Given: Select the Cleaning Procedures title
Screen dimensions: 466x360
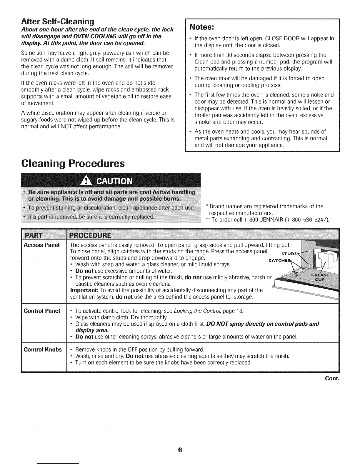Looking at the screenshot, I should point(73,163).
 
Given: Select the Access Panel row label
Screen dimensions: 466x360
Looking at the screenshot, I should point(42,245).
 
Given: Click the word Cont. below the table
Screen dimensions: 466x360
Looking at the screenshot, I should point(332,378).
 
